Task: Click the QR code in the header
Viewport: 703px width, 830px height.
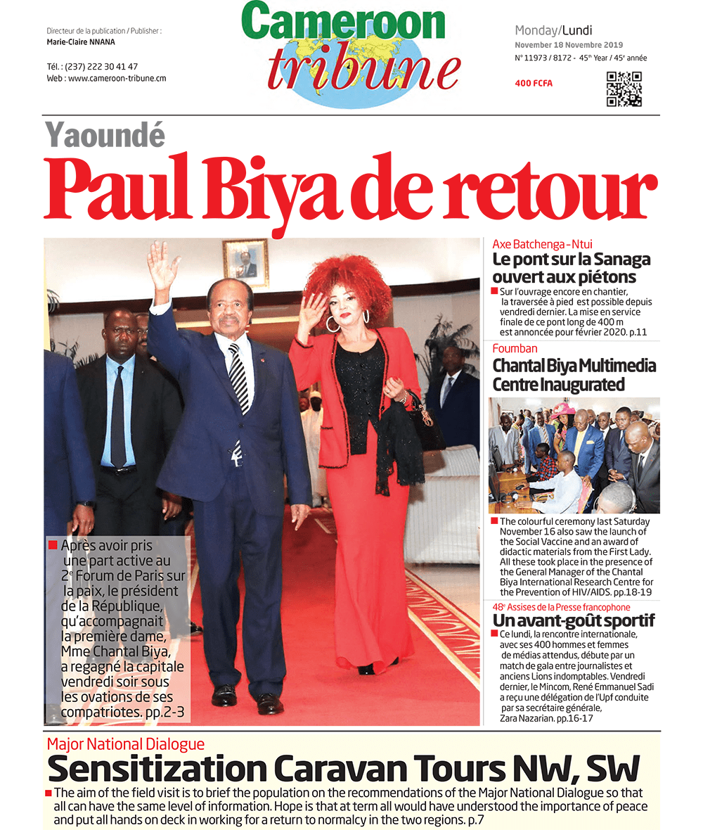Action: tap(624, 89)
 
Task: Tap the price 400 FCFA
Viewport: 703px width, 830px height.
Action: tap(534, 84)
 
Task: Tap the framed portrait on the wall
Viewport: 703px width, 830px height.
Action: tap(245, 263)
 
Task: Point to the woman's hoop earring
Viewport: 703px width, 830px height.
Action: tap(333, 324)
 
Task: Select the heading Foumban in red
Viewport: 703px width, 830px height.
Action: tap(515, 348)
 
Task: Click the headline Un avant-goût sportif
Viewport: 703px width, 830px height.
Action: tap(573, 620)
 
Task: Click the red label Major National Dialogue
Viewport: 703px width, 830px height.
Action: tap(126, 744)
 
